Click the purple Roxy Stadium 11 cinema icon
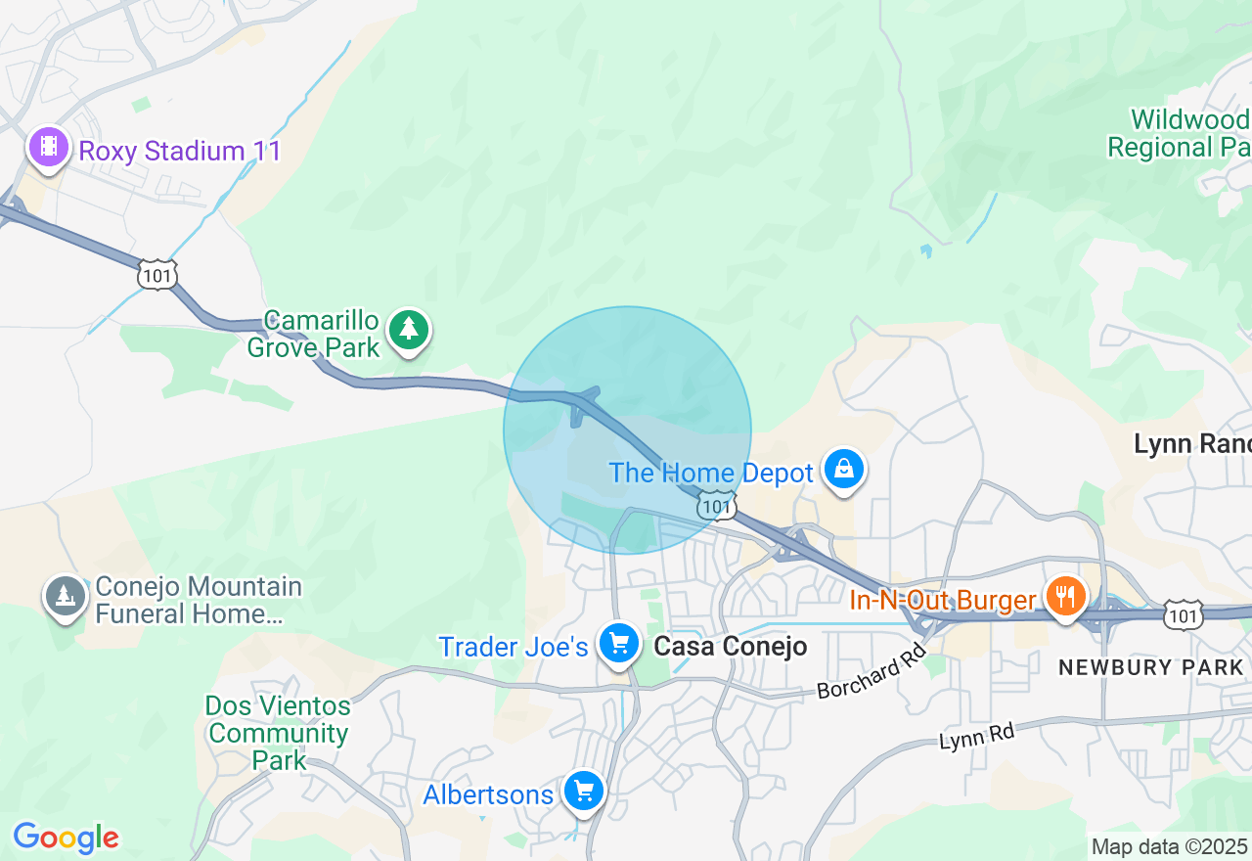point(49,149)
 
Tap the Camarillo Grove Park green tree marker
point(409,330)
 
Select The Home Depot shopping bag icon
point(843,471)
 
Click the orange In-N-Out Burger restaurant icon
point(1064,595)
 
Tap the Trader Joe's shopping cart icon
point(619,644)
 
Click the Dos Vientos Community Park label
point(278,733)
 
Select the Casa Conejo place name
point(731,646)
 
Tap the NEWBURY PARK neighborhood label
point(1151,667)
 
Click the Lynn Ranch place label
point(1191,444)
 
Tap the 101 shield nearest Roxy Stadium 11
point(157,274)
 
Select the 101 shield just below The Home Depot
point(717,506)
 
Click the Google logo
point(66,838)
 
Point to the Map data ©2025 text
point(1168,846)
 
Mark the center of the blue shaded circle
point(627,430)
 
